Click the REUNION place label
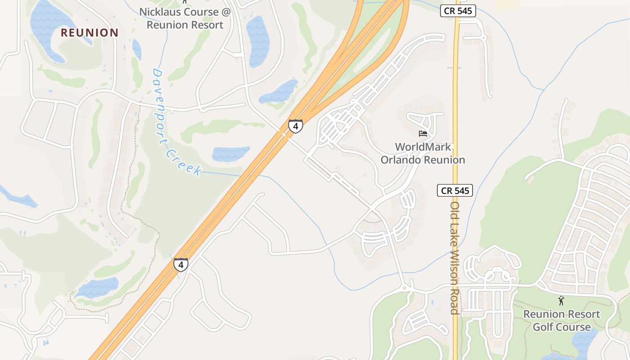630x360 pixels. [x=90, y=32]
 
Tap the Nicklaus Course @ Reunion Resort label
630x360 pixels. [x=184, y=18]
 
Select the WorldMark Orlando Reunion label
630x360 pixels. [x=423, y=153]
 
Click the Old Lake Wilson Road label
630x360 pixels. [x=455, y=257]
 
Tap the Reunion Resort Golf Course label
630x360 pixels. [x=562, y=320]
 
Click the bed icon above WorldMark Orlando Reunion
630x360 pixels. [x=423, y=134]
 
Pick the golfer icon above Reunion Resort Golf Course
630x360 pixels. [x=561, y=301]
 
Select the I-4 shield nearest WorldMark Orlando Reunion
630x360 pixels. [x=295, y=126]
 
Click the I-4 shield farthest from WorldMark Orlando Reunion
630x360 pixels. [x=180, y=265]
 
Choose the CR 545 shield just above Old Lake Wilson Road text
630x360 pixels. [x=455, y=190]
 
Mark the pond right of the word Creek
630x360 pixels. [x=230, y=153]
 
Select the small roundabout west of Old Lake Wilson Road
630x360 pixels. [x=404, y=287]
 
